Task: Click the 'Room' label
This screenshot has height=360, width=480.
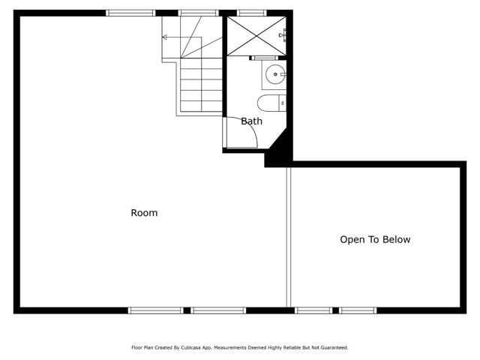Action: coord(144,213)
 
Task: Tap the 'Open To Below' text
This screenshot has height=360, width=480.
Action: coord(375,240)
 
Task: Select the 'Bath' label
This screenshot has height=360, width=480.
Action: coord(251,121)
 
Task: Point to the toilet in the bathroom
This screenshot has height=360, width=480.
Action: coord(268,103)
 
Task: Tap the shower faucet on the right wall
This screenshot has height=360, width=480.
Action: coord(283,34)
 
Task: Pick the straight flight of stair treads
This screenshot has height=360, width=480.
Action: coord(201,86)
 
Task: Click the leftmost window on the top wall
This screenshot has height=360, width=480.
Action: coord(130,13)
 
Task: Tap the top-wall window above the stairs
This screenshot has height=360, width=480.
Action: coord(198,13)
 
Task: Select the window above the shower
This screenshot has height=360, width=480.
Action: coord(251,13)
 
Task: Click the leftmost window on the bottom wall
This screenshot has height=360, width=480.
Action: coord(155,310)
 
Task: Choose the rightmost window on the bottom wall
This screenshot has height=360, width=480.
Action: coord(358,310)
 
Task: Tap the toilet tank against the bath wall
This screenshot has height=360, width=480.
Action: coord(282,103)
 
